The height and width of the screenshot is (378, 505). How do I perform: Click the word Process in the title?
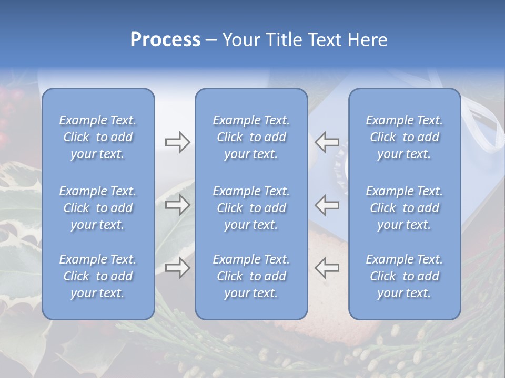[165, 40]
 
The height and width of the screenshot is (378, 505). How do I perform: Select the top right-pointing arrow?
[177, 142]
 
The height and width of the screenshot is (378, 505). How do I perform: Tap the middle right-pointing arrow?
[177, 205]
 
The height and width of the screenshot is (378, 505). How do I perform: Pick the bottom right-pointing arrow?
[177, 267]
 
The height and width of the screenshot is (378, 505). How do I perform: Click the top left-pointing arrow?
[327, 142]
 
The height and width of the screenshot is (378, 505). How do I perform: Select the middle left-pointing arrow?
[327, 205]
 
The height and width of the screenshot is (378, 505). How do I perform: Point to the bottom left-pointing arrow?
[327, 267]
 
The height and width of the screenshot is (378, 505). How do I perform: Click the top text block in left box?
[98, 137]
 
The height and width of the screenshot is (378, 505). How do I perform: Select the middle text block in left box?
[98, 208]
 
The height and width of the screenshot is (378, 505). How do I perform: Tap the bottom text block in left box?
[98, 276]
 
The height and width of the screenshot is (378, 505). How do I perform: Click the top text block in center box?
[251, 137]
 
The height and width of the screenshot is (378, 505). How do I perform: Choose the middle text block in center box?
[251, 208]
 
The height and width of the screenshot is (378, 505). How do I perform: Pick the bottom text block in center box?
[251, 276]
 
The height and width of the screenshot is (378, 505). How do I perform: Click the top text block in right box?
[405, 137]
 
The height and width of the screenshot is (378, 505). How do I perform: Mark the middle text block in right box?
[405, 208]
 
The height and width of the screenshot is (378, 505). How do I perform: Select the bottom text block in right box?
[405, 276]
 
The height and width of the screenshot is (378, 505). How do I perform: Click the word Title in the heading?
[283, 40]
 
